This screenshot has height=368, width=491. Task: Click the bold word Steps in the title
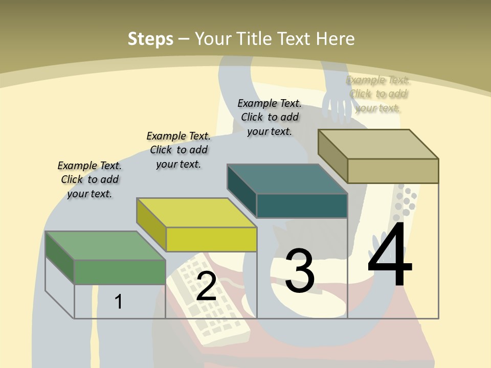tap(150, 39)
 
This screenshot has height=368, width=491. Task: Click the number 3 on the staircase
tap(300, 271)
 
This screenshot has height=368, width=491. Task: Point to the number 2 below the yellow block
tap(206, 286)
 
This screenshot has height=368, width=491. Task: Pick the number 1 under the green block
tap(118, 302)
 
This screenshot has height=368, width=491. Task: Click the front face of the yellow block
tap(211, 239)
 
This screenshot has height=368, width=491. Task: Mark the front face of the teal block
tap(302, 205)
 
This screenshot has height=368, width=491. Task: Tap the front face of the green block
tap(120, 272)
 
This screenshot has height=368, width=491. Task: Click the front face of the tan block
tap(393, 171)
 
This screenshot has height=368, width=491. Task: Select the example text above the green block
tap(90, 179)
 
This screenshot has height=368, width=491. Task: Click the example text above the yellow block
tap(178, 150)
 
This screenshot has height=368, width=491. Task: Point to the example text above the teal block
tap(270, 117)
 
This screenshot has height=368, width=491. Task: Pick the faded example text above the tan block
tap(378, 94)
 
